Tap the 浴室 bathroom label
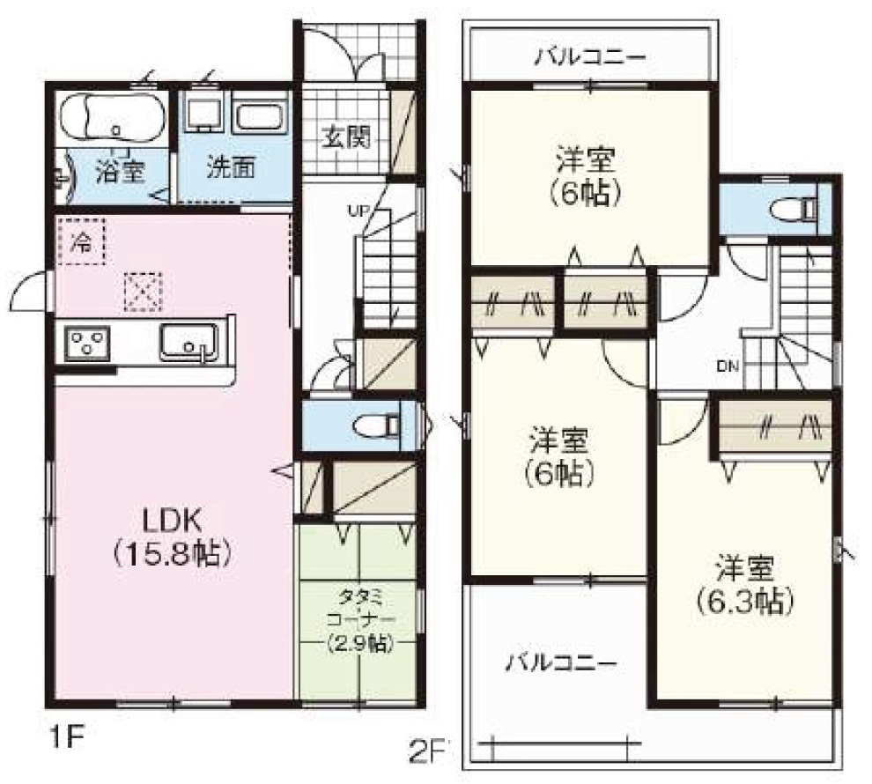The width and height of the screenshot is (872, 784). [120, 170]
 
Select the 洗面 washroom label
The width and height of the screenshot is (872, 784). [232, 166]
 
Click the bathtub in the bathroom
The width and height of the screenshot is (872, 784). [113, 120]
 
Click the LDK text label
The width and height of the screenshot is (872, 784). [171, 521]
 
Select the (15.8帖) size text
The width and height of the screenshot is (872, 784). [171, 553]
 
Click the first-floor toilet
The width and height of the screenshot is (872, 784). [377, 426]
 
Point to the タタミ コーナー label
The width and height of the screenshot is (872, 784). [360, 609]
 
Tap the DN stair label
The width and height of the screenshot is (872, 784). [728, 366]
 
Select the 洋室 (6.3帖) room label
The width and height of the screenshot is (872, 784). [744, 584]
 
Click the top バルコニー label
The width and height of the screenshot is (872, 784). [590, 57]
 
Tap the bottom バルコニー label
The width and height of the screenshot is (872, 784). [561, 663]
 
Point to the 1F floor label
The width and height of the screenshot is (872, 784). [66, 739]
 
